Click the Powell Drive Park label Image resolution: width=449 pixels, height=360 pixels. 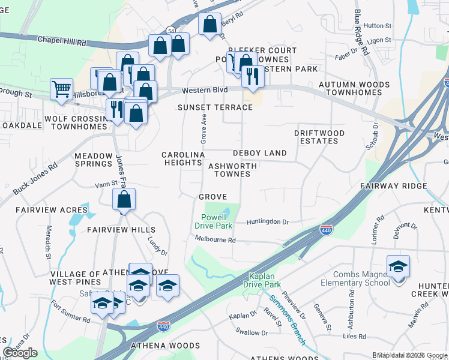click(x=213, y=221)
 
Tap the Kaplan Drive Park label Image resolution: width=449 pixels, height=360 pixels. click(x=263, y=280)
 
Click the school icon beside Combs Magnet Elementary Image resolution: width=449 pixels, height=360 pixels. click(x=398, y=266)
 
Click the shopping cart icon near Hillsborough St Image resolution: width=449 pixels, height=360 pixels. click(x=61, y=89)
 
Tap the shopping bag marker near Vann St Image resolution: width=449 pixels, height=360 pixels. click(x=124, y=199)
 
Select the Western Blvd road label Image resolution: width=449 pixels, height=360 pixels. click(x=205, y=90)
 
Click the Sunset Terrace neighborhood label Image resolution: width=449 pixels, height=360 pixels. click(x=214, y=107)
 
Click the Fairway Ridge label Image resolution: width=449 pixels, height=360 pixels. click(x=393, y=187)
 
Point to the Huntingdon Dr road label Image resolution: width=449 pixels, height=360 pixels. click(x=268, y=222)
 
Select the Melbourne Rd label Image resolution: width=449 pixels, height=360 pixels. click(x=215, y=239)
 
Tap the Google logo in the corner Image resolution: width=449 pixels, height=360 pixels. click(x=20, y=353)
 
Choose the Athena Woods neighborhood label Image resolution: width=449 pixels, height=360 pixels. click(x=166, y=346)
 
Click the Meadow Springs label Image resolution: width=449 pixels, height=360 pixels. click(x=93, y=159)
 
